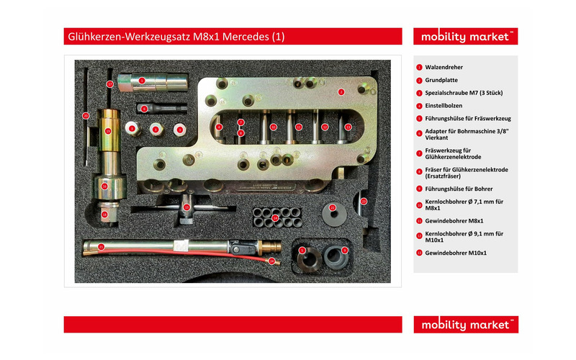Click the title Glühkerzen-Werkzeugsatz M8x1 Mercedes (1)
176,36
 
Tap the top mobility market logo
467,36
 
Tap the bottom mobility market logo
467,325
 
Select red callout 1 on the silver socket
143,81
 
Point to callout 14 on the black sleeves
274,217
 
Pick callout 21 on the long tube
102,247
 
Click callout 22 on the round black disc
333,207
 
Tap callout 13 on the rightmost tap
348,127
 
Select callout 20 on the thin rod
85,115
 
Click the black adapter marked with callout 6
144,109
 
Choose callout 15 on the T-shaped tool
186,207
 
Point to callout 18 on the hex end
104,214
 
